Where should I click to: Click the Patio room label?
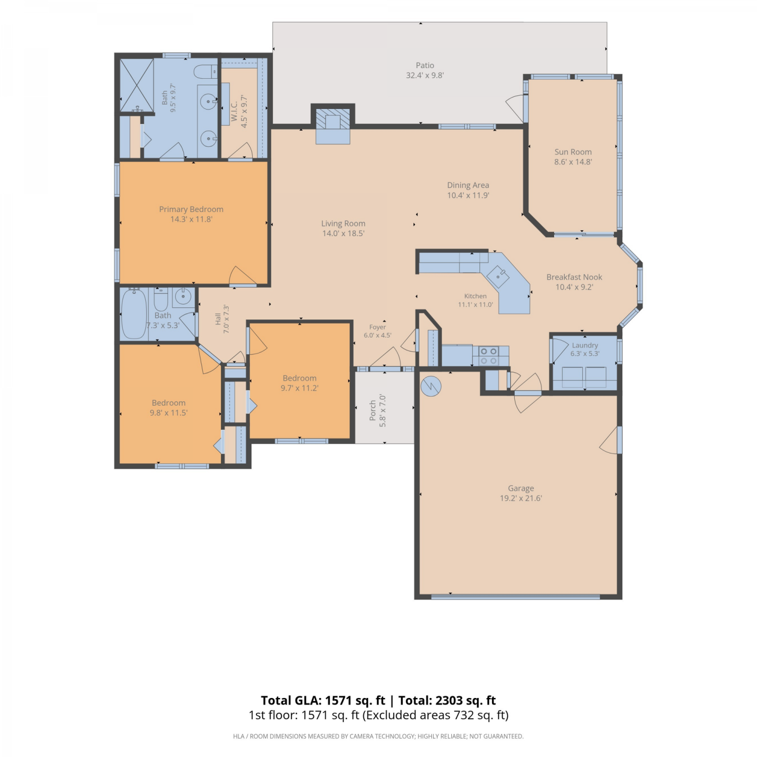click(x=425, y=65)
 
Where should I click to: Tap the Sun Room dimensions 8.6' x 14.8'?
click(x=573, y=162)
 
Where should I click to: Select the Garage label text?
click(x=521, y=489)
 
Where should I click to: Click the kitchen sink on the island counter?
click(x=501, y=276)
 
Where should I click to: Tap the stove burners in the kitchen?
click(x=488, y=356)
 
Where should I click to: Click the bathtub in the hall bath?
click(x=134, y=313)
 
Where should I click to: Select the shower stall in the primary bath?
click(x=137, y=85)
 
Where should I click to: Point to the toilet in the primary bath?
click(x=205, y=72)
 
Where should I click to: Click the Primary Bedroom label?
click(x=191, y=209)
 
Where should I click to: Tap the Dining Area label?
click(x=468, y=185)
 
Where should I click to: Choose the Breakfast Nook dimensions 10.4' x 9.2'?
click(x=574, y=287)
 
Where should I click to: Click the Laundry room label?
click(x=585, y=346)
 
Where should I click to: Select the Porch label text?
click(x=373, y=411)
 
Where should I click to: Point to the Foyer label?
click(x=377, y=327)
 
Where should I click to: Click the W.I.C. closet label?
click(x=234, y=111)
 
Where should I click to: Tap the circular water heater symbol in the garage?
click(x=431, y=387)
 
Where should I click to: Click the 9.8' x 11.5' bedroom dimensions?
click(x=169, y=413)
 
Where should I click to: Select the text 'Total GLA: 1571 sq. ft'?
click(x=323, y=700)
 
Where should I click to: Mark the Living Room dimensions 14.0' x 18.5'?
click(x=343, y=234)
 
